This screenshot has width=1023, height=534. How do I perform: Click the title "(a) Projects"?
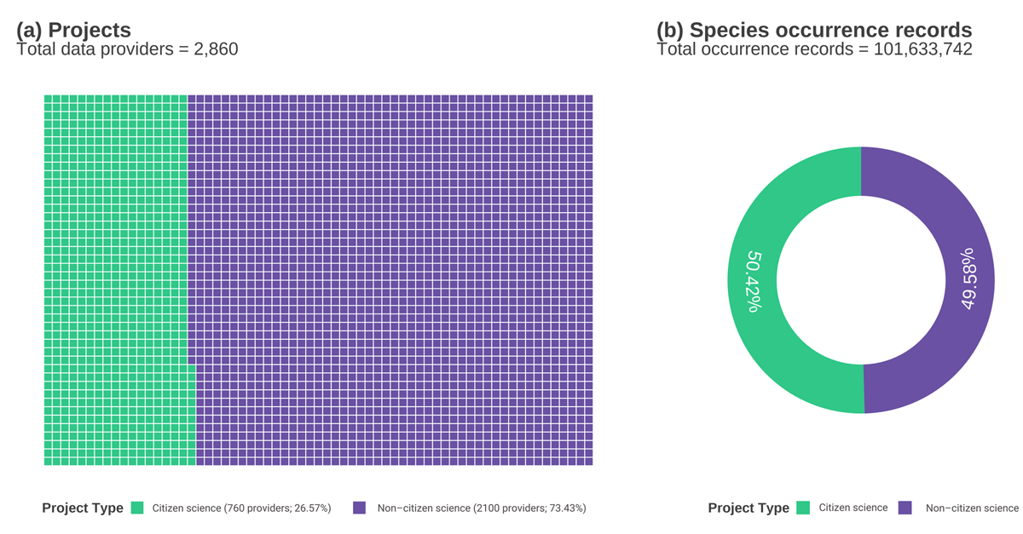74,31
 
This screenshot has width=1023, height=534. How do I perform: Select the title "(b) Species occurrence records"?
814,31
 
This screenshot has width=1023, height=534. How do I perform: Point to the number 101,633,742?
923,49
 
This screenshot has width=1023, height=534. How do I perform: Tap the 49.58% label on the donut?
969,279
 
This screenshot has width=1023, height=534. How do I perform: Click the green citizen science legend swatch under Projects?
137,508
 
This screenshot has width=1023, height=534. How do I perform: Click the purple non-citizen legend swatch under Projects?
359,508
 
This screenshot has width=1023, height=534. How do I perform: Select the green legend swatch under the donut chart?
803,508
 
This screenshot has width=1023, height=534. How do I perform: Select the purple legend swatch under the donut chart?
905,508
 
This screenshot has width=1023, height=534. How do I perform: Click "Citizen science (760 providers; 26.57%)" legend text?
241,508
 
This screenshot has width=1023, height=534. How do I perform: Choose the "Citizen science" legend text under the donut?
853,508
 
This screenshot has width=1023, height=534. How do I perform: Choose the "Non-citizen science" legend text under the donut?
972,508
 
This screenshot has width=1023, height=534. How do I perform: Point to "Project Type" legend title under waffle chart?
83,508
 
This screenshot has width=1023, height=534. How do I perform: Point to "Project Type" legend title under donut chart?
748,508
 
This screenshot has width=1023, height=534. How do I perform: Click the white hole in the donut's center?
861,280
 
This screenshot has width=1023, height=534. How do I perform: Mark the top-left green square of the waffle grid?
49,100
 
